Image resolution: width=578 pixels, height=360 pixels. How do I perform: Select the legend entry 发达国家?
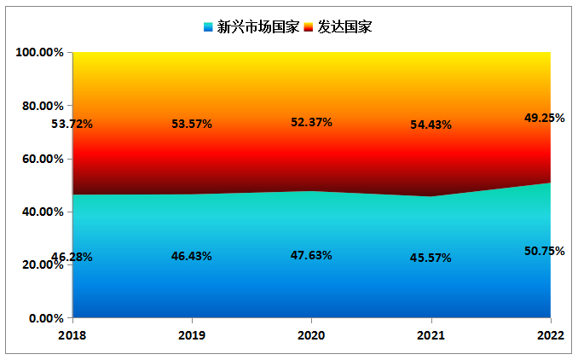click(x=345, y=26)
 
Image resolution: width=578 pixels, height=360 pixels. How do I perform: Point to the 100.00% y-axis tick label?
click(x=39, y=53)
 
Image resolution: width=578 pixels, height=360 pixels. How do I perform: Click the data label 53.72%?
click(x=72, y=124)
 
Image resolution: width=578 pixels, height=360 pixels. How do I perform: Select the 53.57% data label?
click(x=192, y=124)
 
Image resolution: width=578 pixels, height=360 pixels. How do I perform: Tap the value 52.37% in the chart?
click(x=311, y=122)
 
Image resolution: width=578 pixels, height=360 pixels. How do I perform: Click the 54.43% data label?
click(x=431, y=125)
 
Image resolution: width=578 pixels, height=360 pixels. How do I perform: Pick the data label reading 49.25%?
click(x=544, y=119)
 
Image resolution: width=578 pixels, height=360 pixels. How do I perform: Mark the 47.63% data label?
click(x=311, y=255)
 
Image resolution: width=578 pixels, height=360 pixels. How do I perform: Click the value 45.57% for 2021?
click(x=431, y=258)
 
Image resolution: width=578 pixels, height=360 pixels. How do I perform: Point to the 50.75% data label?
click(x=544, y=251)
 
